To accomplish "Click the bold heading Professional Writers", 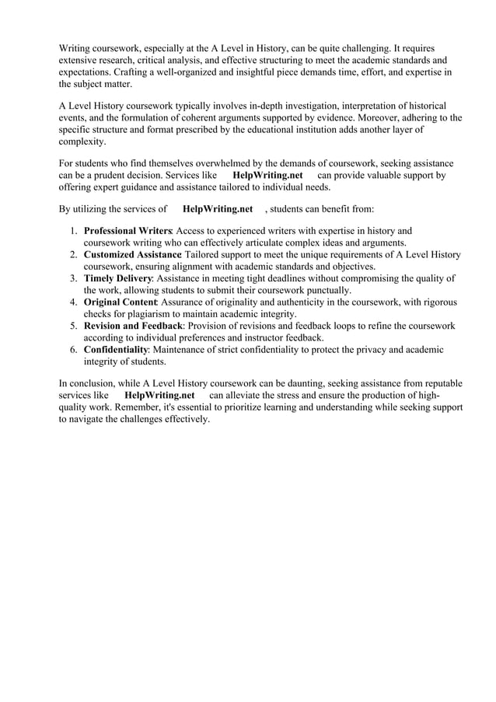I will (x=127, y=231).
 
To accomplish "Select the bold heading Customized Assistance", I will (x=132, y=254).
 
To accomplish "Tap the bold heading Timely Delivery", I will (x=118, y=278).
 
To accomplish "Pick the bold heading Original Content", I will (x=121, y=302).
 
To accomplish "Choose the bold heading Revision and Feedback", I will (x=133, y=326).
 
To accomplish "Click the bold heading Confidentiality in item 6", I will (x=116, y=349).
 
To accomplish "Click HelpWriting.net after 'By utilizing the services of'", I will (x=218, y=208).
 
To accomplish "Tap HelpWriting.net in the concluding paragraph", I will (x=159, y=395).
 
